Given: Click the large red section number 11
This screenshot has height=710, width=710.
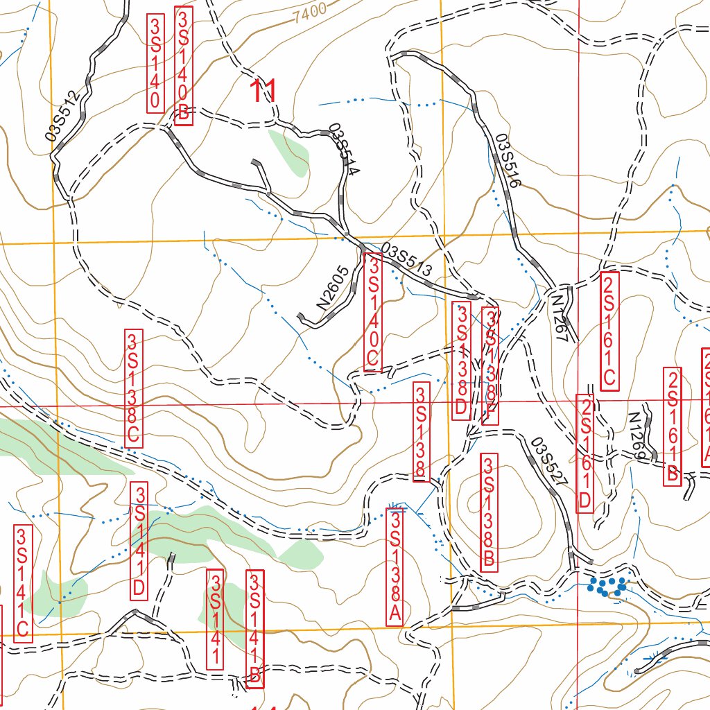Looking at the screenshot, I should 263,92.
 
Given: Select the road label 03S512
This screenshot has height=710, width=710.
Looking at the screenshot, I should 66,115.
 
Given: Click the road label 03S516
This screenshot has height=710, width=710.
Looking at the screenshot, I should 507,161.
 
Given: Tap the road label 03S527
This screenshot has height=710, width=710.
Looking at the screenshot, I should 551,462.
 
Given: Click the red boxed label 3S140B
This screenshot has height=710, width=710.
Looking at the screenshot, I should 183,66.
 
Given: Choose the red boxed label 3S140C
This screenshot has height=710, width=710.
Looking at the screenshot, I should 373,312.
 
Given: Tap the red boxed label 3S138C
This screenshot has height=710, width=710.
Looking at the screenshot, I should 133,388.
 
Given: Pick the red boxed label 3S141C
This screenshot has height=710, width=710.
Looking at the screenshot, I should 23,582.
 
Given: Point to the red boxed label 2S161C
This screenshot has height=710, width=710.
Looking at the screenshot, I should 609,331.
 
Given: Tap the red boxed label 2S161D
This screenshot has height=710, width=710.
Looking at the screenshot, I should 585,453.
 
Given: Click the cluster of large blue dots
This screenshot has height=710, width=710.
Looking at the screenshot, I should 607,587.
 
